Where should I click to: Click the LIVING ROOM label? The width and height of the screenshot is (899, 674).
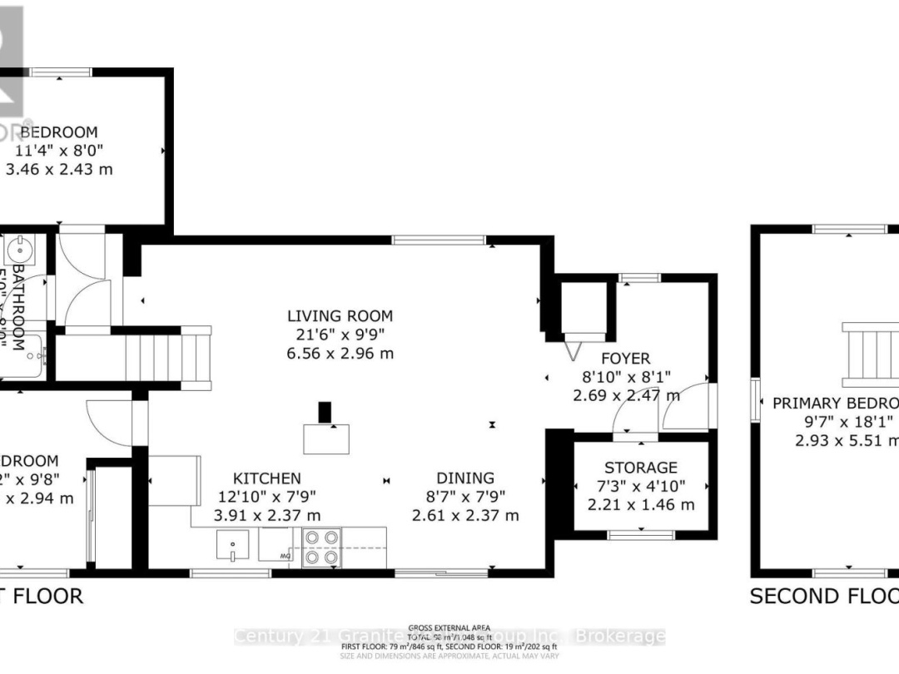pyautogui.click(x=340, y=316)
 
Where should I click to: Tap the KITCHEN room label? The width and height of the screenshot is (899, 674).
pyautogui.click(x=266, y=478)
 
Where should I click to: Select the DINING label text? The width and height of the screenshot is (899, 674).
pyautogui.click(x=465, y=478)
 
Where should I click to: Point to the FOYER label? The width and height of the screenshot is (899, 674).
pyautogui.click(x=625, y=359)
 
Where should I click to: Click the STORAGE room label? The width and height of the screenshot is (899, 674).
pyautogui.click(x=641, y=468)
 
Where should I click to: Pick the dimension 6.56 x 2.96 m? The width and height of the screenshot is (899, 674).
pyautogui.click(x=340, y=354)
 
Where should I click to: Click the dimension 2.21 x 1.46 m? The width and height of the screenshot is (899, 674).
pyautogui.click(x=641, y=504)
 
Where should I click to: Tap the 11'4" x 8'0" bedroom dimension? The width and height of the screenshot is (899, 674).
pyautogui.click(x=59, y=151)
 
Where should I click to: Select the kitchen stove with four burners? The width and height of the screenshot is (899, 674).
pyautogui.click(x=321, y=548)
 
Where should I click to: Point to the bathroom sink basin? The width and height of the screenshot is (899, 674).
pyautogui.click(x=21, y=247)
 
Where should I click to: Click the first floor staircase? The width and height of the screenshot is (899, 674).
pyautogui.click(x=154, y=358)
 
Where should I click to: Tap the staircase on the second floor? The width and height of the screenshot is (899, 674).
pyautogui.click(x=870, y=354)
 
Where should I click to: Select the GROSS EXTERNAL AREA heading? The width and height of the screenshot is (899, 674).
pyautogui.click(x=449, y=628)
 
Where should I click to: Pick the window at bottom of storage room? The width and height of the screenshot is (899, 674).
pyautogui.click(x=640, y=535)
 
